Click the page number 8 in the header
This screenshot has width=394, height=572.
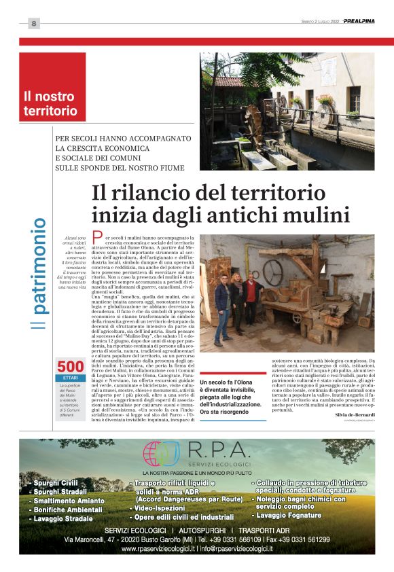point(33,24)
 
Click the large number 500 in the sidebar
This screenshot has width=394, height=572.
point(70,367)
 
